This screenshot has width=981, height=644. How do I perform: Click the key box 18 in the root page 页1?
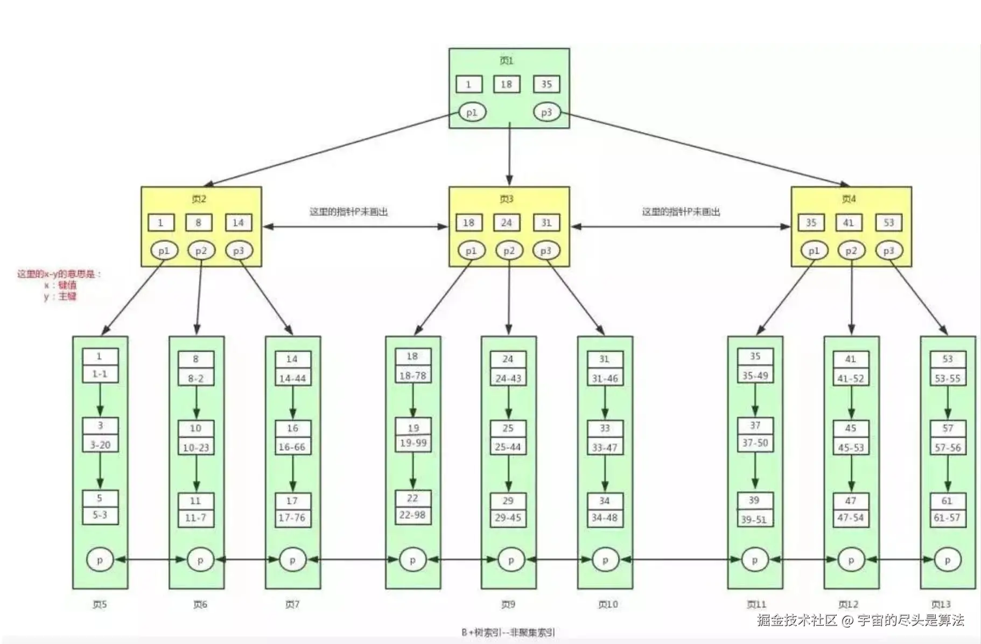pos(506,84)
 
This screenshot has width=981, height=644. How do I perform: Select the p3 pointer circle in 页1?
pos(546,113)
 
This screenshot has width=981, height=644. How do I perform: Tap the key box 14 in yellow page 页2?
pos(239,222)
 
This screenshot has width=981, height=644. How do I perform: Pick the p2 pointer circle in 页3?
pos(509,250)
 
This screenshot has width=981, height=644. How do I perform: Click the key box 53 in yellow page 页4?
pos(888,222)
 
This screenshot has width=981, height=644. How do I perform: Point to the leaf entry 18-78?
pos(413,375)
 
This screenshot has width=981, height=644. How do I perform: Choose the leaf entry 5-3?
pos(100,515)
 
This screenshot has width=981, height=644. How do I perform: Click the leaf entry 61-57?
pos(947,517)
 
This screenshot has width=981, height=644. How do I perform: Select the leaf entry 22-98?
pos(412,515)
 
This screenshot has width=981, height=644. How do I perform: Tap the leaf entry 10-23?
pos(196,447)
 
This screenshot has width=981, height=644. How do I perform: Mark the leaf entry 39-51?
pos(754,519)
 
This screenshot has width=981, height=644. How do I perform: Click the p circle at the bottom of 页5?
pos(100,560)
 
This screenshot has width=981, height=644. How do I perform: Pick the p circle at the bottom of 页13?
pos(947,560)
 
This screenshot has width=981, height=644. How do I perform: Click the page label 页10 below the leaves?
pos(608,604)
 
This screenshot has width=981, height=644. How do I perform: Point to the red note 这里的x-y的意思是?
pos(59,274)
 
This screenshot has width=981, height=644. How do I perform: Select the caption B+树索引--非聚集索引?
pos(508,632)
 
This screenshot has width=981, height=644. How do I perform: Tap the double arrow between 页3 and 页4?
pos(680,227)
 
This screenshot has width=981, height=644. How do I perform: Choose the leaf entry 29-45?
pos(508,517)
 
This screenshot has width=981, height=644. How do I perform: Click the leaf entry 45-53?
pos(851,447)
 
